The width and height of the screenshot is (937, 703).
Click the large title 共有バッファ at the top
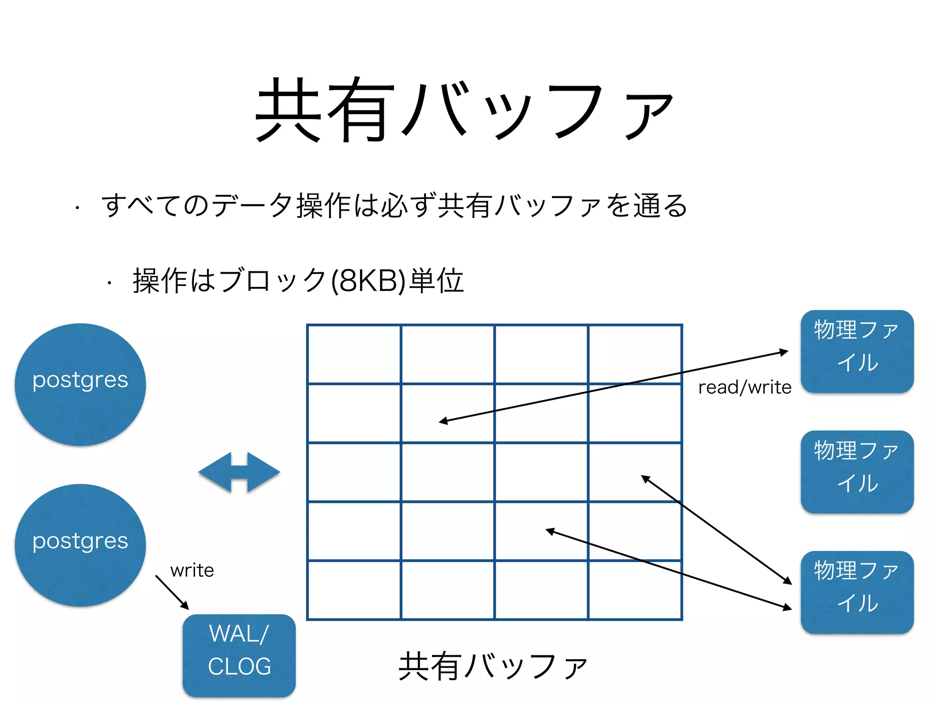click(x=464, y=110)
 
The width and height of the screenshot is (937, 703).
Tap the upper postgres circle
click(x=81, y=384)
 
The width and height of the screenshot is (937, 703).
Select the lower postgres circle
click(x=81, y=545)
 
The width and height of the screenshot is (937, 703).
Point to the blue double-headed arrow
click(x=239, y=472)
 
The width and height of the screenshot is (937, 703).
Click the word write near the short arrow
click(x=192, y=571)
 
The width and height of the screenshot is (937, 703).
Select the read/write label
click(x=744, y=388)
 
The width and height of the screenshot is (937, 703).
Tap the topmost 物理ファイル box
click(x=857, y=351)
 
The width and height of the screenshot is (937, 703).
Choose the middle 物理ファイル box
click(x=857, y=471)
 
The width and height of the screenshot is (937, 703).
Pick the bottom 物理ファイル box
click(x=857, y=592)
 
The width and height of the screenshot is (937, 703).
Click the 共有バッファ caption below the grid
click(x=493, y=666)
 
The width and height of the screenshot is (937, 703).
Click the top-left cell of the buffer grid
click(x=354, y=354)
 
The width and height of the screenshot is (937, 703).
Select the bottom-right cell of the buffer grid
click(x=635, y=590)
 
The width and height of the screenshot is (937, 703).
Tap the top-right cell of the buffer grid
click(x=635, y=354)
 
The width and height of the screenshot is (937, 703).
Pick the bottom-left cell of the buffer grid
click(x=354, y=590)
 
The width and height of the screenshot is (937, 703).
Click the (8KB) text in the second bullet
click(x=368, y=281)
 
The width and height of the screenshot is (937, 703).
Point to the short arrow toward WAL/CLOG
click(x=172, y=592)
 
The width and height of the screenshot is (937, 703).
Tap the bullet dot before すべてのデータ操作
click(x=78, y=208)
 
